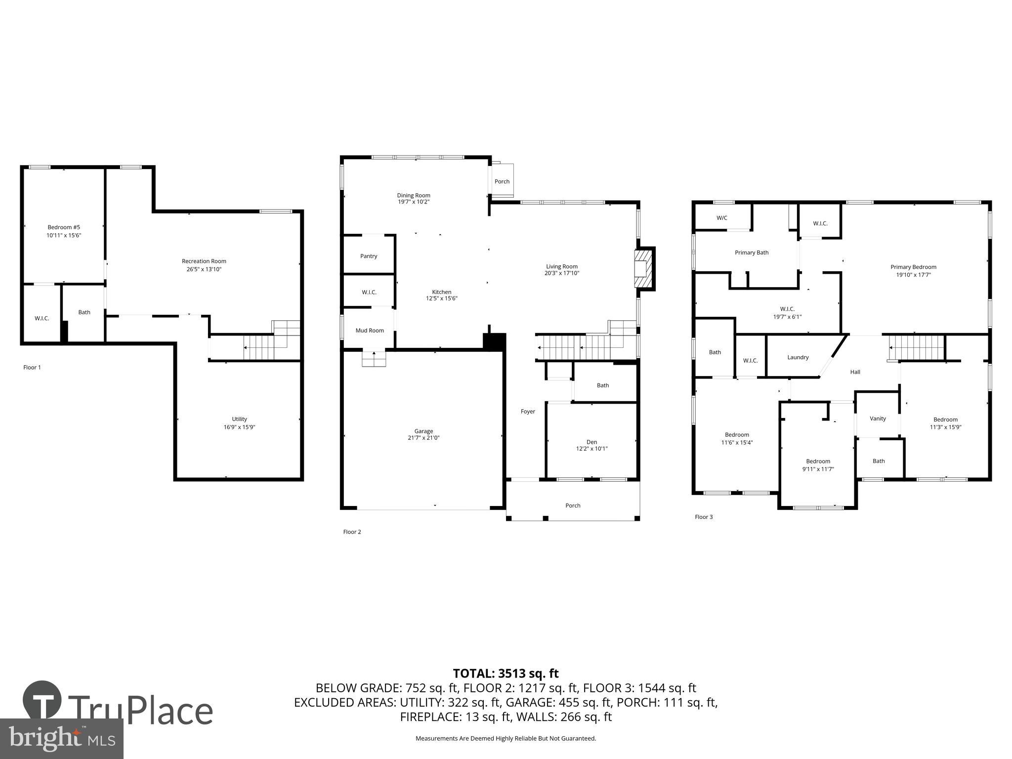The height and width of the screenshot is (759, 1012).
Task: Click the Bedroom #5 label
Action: pyautogui.click(x=64, y=227)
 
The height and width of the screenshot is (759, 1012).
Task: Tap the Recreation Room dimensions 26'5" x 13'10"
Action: pyautogui.click(x=204, y=269)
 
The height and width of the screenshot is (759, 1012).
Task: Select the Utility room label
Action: pyautogui.click(x=239, y=419)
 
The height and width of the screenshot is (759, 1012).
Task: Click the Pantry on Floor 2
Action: pyautogui.click(x=369, y=256)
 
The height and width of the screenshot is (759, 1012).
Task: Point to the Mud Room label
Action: pyautogui.click(x=370, y=331)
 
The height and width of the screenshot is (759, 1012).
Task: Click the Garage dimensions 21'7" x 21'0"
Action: pyautogui.click(x=423, y=438)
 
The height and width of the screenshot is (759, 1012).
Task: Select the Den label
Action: pyautogui.click(x=591, y=442)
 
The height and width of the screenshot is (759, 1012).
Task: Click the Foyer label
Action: pyautogui.click(x=528, y=411)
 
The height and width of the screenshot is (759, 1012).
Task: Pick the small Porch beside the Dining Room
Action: pyautogui.click(x=502, y=181)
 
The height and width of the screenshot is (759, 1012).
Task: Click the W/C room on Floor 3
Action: pyautogui.click(x=722, y=218)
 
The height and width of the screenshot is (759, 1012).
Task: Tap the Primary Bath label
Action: pyautogui.click(x=752, y=253)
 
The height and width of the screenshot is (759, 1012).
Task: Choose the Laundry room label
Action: pyautogui.click(x=798, y=357)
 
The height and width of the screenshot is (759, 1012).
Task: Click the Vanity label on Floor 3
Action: pyautogui.click(x=878, y=419)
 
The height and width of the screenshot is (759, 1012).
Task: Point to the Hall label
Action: pyautogui.click(x=855, y=372)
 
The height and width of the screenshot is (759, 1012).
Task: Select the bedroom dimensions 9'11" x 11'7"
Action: pyautogui.click(x=818, y=469)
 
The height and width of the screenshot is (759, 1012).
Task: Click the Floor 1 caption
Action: pyautogui.click(x=32, y=367)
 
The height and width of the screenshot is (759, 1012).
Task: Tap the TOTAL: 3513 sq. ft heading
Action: pyautogui.click(x=506, y=674)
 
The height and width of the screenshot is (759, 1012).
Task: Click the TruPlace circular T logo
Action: pyautogui.click(x=42, y=700)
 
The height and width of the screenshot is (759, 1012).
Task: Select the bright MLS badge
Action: pyautogui.click(x=61, y=738)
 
